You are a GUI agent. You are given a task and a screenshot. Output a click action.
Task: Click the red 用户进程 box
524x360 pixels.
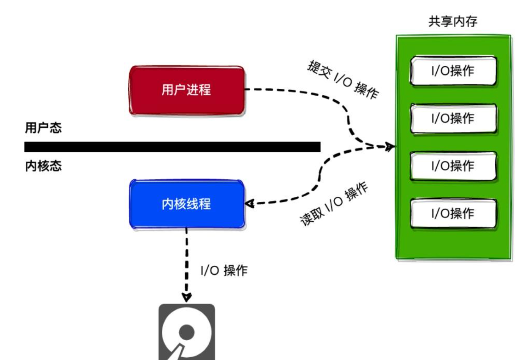tap(187, 90)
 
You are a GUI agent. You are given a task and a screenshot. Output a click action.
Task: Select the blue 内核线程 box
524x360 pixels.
tap(187, 204)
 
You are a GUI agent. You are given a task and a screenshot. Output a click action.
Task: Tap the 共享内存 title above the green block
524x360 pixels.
tap(453, 21)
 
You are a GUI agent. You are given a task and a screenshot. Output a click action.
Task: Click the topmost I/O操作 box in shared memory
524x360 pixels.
tap(453, 71)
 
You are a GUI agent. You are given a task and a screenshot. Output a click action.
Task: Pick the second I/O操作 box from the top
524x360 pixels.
tap(453, 118)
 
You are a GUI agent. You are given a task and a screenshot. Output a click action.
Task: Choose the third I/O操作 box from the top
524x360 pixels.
tap(453, 166)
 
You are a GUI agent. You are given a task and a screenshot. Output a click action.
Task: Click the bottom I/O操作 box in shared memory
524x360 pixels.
tap(453, 213)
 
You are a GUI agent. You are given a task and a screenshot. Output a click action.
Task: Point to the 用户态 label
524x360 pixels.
tap(43, 128)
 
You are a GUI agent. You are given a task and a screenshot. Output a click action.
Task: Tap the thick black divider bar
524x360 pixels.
tap(172, 147)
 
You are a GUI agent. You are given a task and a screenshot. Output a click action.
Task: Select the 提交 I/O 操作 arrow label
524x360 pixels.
tap(343, 79)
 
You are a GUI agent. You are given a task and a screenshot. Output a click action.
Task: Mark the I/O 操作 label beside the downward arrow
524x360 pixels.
tap(224, 270)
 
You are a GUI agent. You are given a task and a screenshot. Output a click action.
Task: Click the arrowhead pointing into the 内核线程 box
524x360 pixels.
tap(249, 203)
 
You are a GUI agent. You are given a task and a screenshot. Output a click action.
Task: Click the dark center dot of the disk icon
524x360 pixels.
tap(187, 332)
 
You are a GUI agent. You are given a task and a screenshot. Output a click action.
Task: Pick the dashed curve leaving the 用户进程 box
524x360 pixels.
tap(296, 93)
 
